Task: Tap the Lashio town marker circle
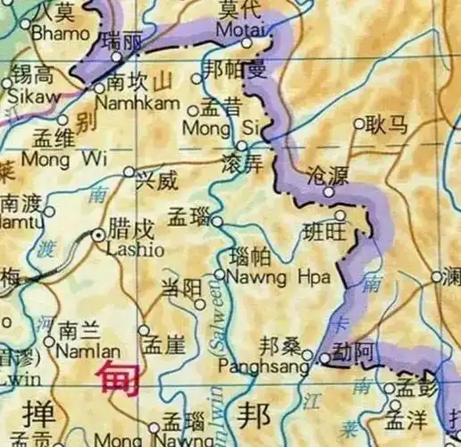tap(98, 234)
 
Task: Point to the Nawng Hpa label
tap(265, 277)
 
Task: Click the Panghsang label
tap(271, 365)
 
